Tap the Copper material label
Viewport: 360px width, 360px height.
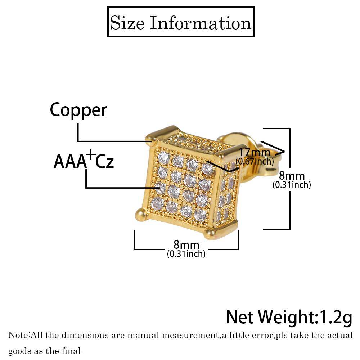[78, 110]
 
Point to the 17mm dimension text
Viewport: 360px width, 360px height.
[255, 152]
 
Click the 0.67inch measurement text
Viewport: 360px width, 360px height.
[255, 161]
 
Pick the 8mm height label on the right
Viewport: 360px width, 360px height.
[292, 176]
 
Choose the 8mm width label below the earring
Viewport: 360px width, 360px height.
[186, 244]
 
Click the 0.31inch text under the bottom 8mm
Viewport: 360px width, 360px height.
[186, 254]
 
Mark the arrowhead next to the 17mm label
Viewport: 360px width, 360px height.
[280, 152]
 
